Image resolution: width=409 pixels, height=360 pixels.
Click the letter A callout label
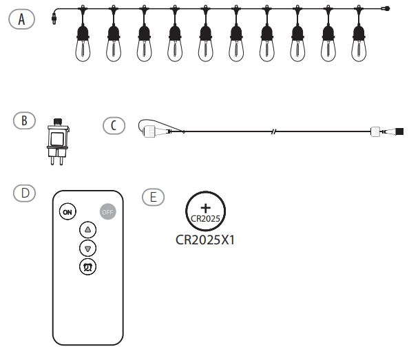pos(23,19)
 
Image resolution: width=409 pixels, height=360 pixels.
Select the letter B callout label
pos(25,120)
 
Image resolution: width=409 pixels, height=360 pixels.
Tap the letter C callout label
pos(114,125)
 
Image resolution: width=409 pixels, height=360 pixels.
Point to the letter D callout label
pos(25,193)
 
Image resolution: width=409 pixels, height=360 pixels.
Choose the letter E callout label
pos(153,197)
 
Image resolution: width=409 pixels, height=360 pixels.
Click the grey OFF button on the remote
pos(107,211)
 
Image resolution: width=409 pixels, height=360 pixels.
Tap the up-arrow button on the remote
pos(88,230)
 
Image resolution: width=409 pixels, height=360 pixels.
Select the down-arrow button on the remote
pos(88,248)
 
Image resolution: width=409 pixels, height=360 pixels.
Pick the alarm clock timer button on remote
pos(88,266)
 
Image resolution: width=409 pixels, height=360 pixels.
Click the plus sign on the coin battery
pos(205,208)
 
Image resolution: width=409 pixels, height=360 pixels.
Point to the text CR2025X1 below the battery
pos(206,242)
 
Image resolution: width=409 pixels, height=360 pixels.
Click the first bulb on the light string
pos(83,43)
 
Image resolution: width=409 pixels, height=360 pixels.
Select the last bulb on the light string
pos(358,43)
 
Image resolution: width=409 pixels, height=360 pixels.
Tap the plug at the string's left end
pos(54,18)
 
